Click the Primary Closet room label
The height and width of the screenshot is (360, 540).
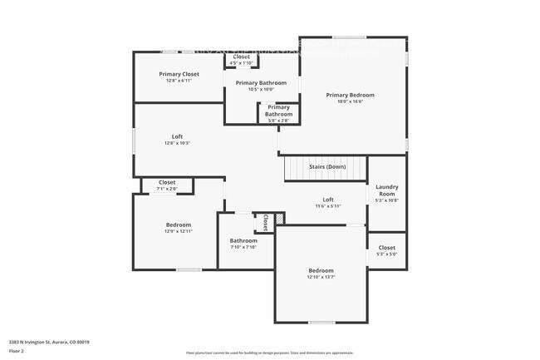point(179,74)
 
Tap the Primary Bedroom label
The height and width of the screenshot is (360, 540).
point(350,95)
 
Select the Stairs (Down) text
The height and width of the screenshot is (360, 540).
point(326,167)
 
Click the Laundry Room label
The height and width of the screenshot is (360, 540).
point(387,190)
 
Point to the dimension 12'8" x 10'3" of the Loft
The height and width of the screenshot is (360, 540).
point(179,143)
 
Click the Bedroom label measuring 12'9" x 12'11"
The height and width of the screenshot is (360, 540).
point(179,224)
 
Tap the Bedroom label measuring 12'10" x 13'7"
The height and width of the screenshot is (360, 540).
point(321,271)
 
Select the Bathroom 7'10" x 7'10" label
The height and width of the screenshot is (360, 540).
point(243,241)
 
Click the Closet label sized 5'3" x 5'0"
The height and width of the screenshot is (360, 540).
point(387,248)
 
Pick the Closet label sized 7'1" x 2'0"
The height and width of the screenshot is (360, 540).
point(167,182)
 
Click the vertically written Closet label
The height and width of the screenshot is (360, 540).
point(265,222)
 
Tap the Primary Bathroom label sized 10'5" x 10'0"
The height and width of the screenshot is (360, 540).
point(261,83)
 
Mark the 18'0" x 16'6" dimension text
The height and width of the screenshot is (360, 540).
point(350,101)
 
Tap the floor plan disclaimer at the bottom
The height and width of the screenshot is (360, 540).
point(269,353)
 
